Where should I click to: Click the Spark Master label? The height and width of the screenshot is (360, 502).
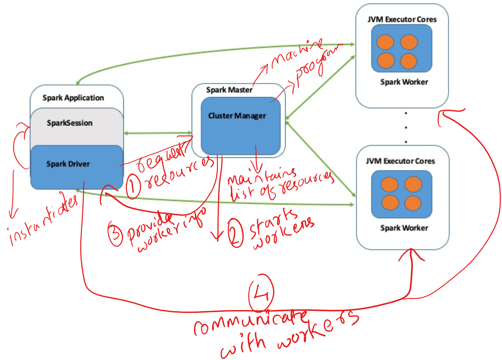coord(229,90)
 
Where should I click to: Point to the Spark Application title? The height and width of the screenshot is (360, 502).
coord(73,98)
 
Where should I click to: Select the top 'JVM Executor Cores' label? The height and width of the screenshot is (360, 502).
coord(401,19)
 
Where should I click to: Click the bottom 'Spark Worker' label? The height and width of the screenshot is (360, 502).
coord(404,228)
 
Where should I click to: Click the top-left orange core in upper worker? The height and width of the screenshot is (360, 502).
coord(385,42)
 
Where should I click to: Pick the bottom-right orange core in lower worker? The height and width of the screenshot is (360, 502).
coord(413,203)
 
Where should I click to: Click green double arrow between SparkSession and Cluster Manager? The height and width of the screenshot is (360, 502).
coord(157,133)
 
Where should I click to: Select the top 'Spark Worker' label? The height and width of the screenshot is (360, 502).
coord(404,82)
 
